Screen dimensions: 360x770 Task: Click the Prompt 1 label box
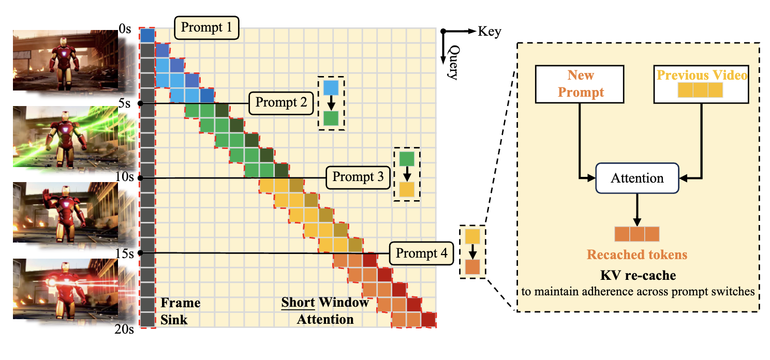(206, 28)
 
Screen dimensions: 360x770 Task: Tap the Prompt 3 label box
(358, 177)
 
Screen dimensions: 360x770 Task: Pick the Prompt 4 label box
(421, 253)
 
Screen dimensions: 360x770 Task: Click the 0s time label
(125, 30)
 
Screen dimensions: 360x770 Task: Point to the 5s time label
(125, 103)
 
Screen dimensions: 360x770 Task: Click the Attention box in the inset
(637, 178)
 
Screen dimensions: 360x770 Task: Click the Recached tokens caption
(636, 254)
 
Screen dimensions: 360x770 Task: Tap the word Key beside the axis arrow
(490, 32)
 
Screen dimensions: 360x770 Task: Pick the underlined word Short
(298, 303)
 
